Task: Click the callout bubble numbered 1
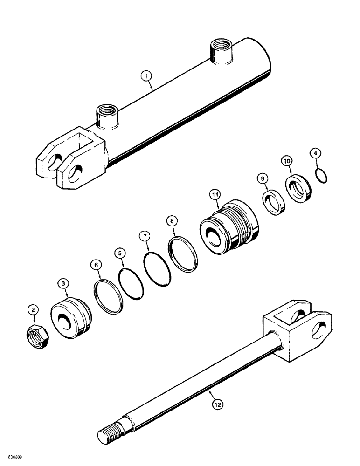tap(147, 75)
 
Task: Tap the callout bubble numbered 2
tap(32, 308)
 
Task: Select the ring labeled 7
tap(156, 269)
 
